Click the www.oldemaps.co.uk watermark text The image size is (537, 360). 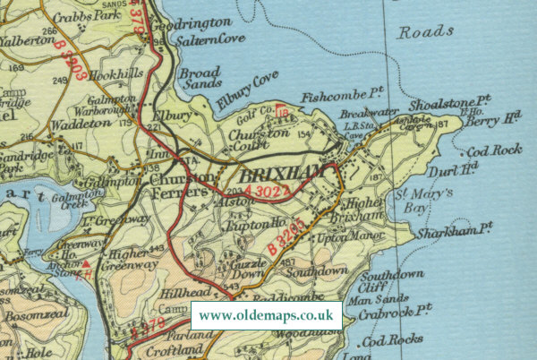266,315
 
